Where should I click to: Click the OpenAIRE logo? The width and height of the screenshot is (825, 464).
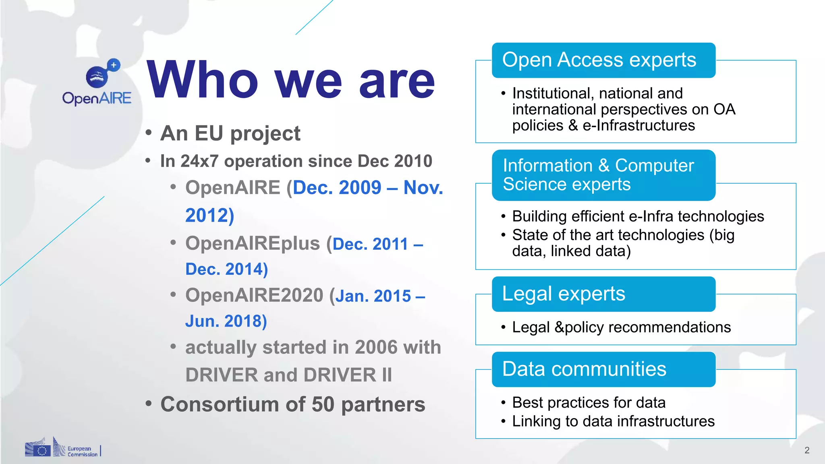(97, 83)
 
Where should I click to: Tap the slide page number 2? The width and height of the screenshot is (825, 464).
(806, 450)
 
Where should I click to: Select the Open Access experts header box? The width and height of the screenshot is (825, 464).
(603, 60)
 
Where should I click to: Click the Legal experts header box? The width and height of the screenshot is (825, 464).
(603, 294)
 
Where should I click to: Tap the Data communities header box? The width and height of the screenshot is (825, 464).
(603, 369)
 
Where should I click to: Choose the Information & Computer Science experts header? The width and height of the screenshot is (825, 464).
(603, 175)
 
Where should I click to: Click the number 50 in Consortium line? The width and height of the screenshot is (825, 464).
(323, 404)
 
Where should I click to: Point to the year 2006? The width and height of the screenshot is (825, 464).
(376, 347)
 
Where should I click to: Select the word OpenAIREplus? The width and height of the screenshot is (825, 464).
(253, 243)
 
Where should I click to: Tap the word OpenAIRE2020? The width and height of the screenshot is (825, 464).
(254, 295)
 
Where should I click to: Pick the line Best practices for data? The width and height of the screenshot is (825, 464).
(589, 403)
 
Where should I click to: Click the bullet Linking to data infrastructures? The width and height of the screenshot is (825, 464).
(613, 421)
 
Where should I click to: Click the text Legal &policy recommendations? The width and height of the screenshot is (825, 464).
(621, 327)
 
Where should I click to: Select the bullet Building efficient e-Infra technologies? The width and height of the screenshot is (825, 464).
(638, 216)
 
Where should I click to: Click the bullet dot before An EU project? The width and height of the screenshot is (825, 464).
(149, 133)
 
